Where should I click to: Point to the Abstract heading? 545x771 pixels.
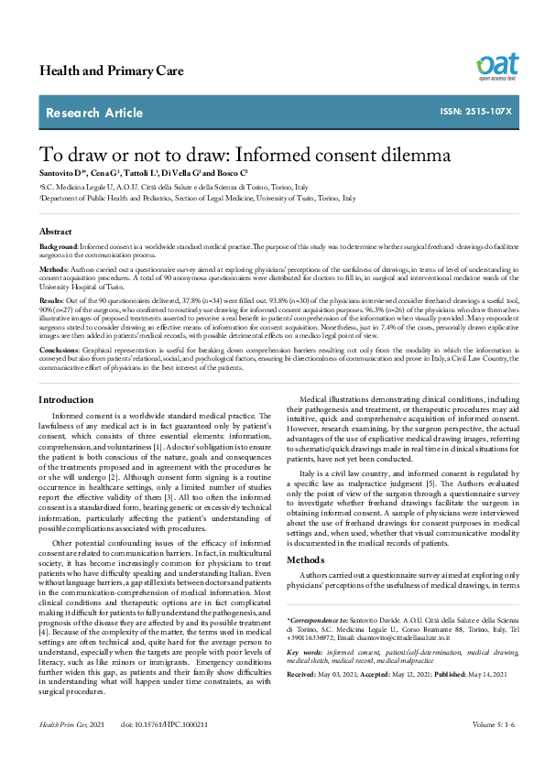tap(56, 232)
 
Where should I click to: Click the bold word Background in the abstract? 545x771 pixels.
tap(59, 248)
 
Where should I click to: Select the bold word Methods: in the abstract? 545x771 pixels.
tap(55, 270)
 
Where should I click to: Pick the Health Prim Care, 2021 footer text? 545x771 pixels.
tap(72, 750)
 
